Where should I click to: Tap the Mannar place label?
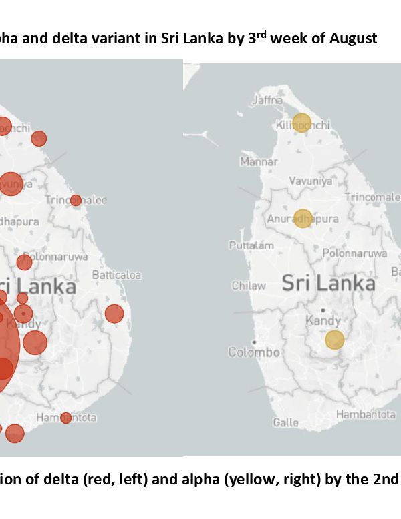(x=258, y=162)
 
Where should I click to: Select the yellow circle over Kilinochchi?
(x=302, y=123)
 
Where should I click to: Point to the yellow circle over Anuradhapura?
(x=303, y=219)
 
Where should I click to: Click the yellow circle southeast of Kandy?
(x=334, y=340)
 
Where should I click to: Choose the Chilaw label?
(x=249, y=286)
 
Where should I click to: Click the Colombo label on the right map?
(x=253, y=352)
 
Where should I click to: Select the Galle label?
(x=286, y=422)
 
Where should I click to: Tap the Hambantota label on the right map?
(x=366, y=414)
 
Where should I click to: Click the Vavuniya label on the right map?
(x=310, y=181)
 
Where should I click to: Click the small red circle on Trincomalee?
(x=76, y=200)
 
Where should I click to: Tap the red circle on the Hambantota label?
(x=65, y=418)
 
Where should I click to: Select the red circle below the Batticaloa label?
(x=114, y=314)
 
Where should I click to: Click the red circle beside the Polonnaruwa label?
(x=24, y=262)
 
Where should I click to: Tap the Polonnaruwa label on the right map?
(x=354, y=253)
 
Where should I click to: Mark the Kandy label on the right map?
(x=323, y=321)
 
